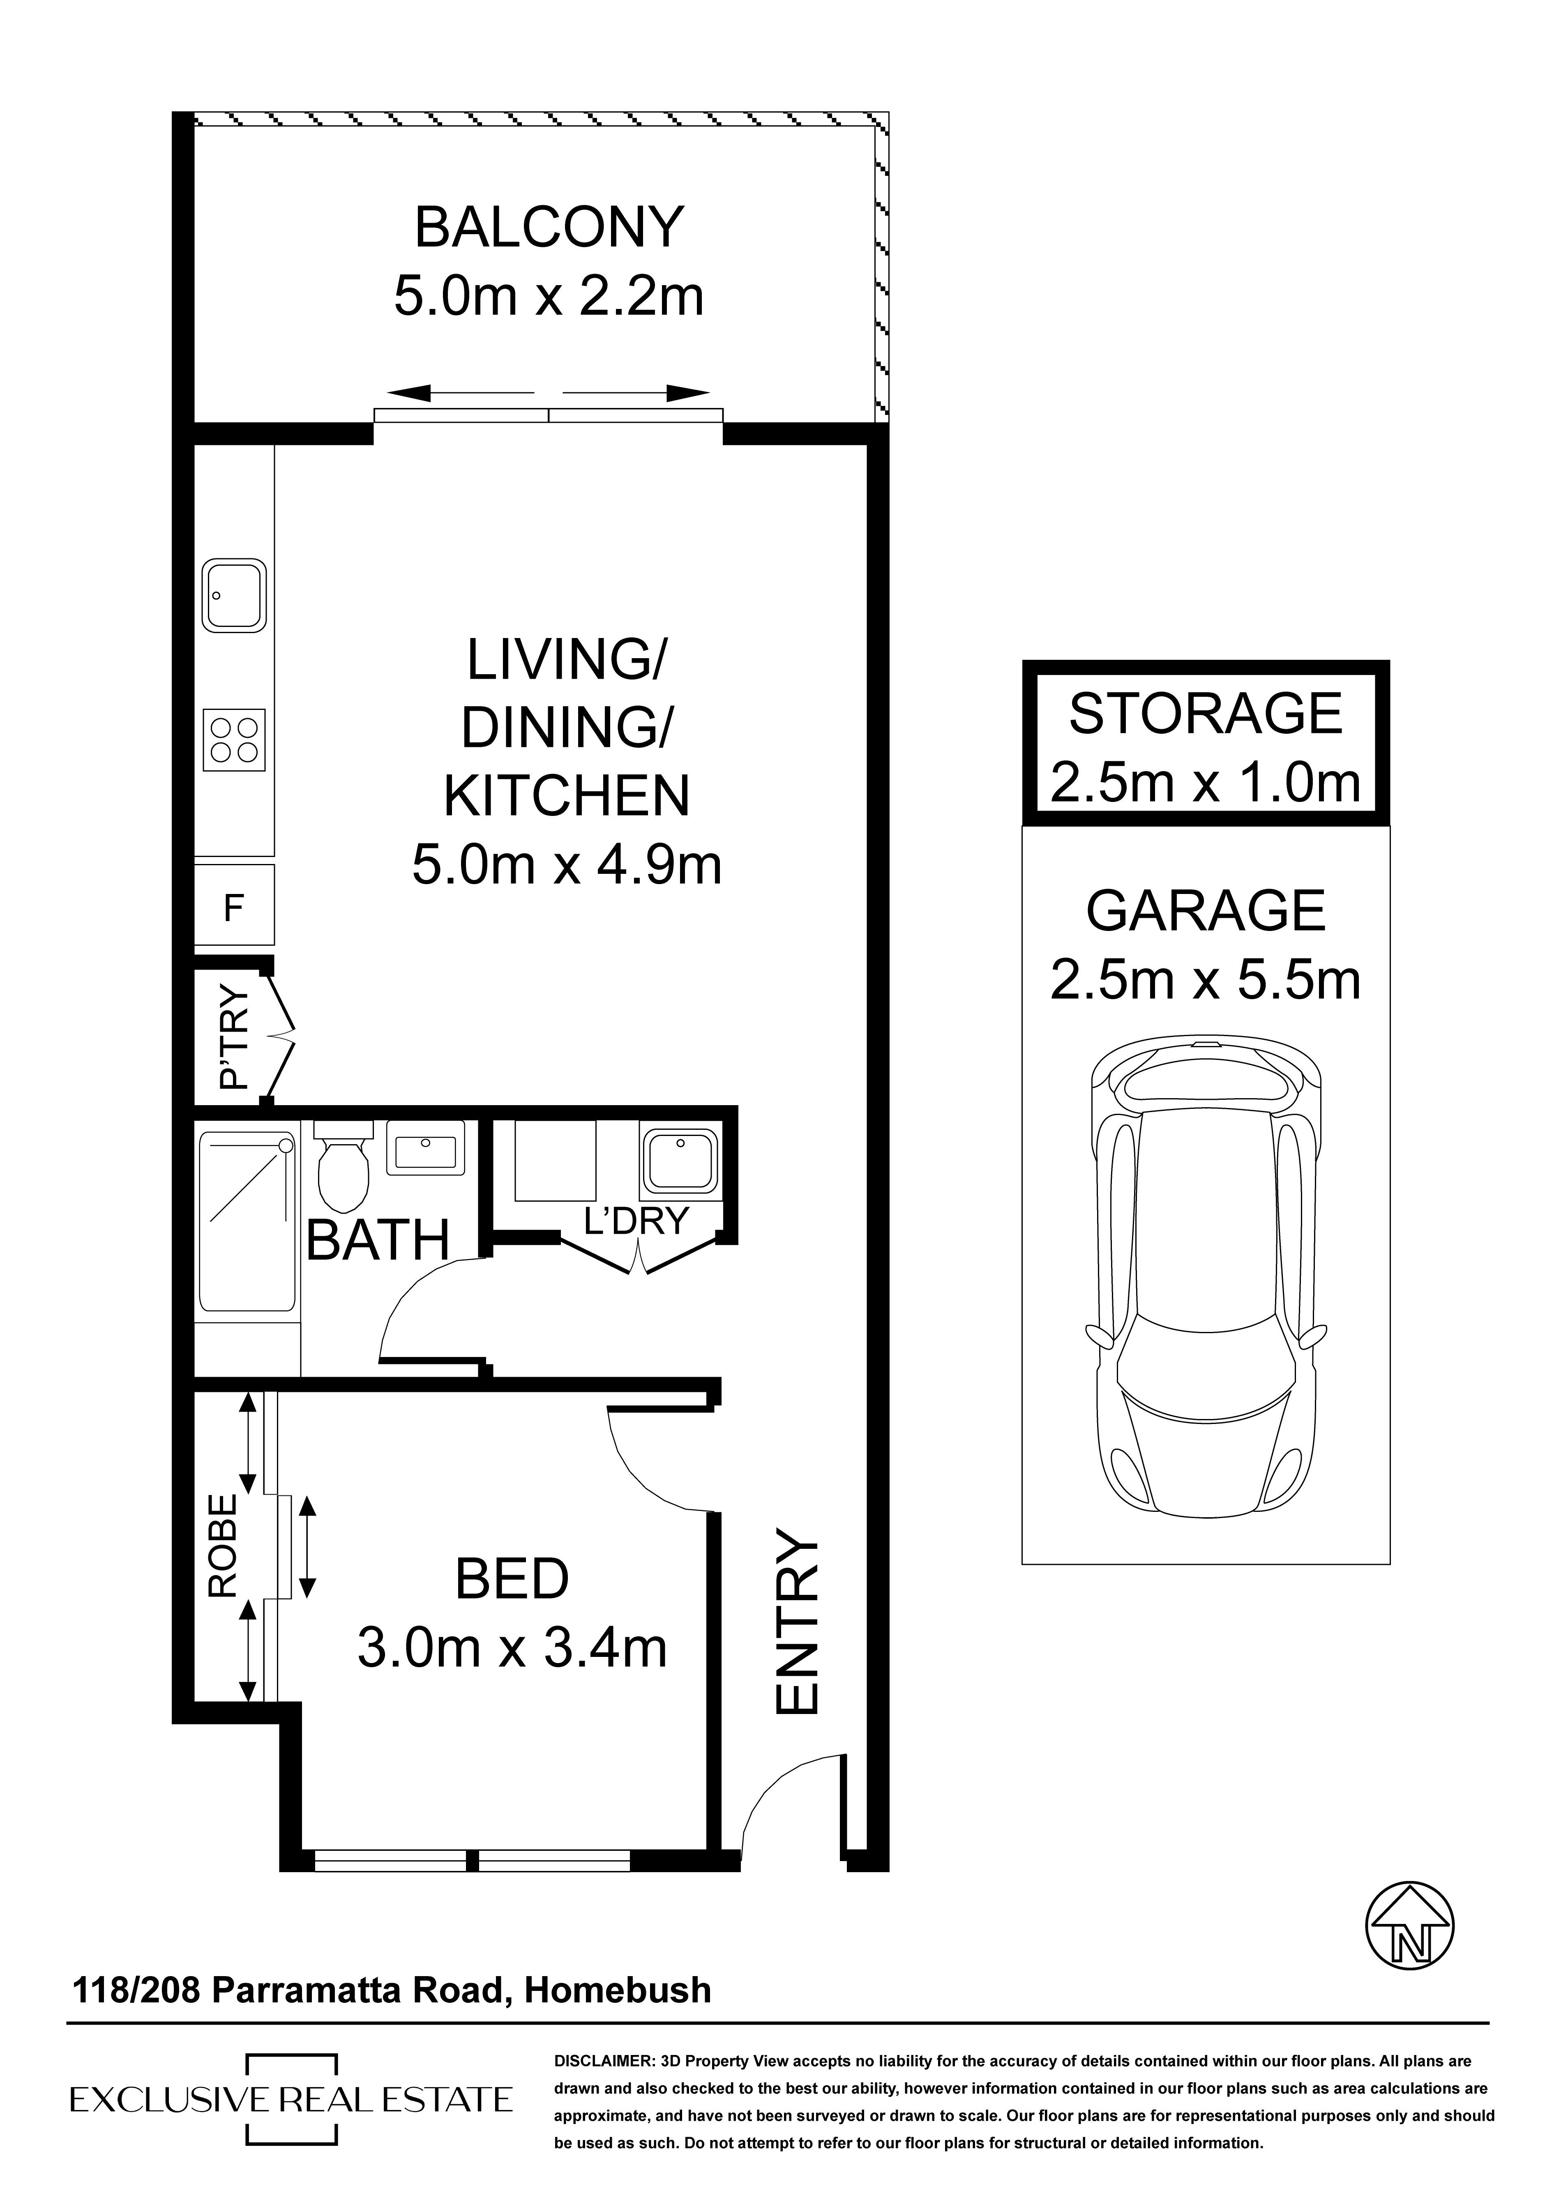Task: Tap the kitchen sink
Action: pyautogui.click(x=233, y=596)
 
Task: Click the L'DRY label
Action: pyautogui.click(x=637, y=1221)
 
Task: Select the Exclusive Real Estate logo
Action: pyautogui.click(x=291, y=2099)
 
